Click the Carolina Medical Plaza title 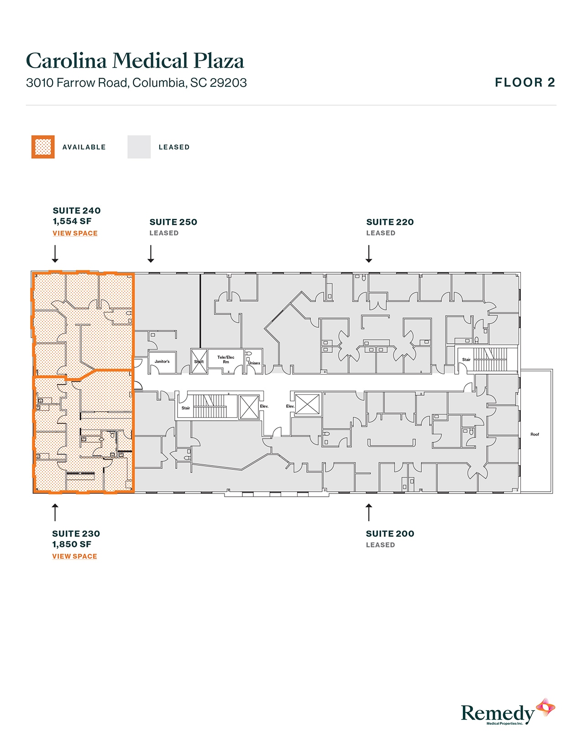(x=135, y=61)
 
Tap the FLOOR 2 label (x=524, y=83)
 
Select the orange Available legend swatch (x=43, y=147)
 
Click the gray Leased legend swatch (x=139, y=147)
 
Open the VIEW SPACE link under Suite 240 (x=75, y=233)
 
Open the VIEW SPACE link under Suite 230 (x=74, y=556)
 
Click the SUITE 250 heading (x=173, y=222)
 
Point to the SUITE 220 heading (x=390, y=222)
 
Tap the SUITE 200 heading (x=390, y=534)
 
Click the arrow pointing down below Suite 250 (x=151, y=254)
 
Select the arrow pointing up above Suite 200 (x=369, y=512)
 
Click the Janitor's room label (x=162, y=361)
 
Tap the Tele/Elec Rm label (x=225, y=360)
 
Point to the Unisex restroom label (x=254, y=363)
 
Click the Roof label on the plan (x=535, y=434)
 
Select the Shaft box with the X (x=199, y=361)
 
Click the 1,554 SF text (x=72, y=221)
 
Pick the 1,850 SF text (x=72, y=544)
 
